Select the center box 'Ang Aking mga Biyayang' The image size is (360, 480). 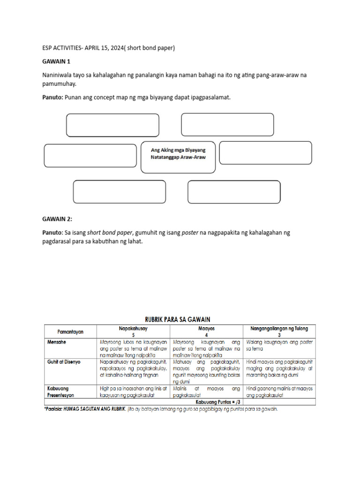point(178,154)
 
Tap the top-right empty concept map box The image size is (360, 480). point(227,124)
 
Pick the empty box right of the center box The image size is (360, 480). point(265,153)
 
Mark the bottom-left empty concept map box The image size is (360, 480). point(119,192)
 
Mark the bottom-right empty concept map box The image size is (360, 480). point(234,192)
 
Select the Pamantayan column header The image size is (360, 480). point(71,331)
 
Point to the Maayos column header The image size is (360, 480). point(207,329)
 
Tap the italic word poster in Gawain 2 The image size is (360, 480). point(190,232)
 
